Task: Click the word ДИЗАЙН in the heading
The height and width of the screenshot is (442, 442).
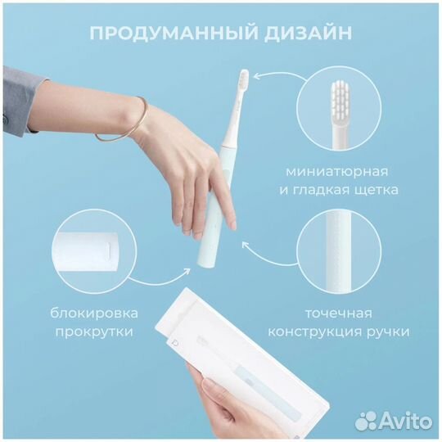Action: click(310, 34)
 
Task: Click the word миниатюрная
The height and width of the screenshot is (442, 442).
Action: click(337, 171)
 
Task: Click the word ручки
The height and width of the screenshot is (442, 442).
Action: click(391, 332)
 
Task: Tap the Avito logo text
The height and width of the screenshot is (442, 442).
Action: click(398, 421)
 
